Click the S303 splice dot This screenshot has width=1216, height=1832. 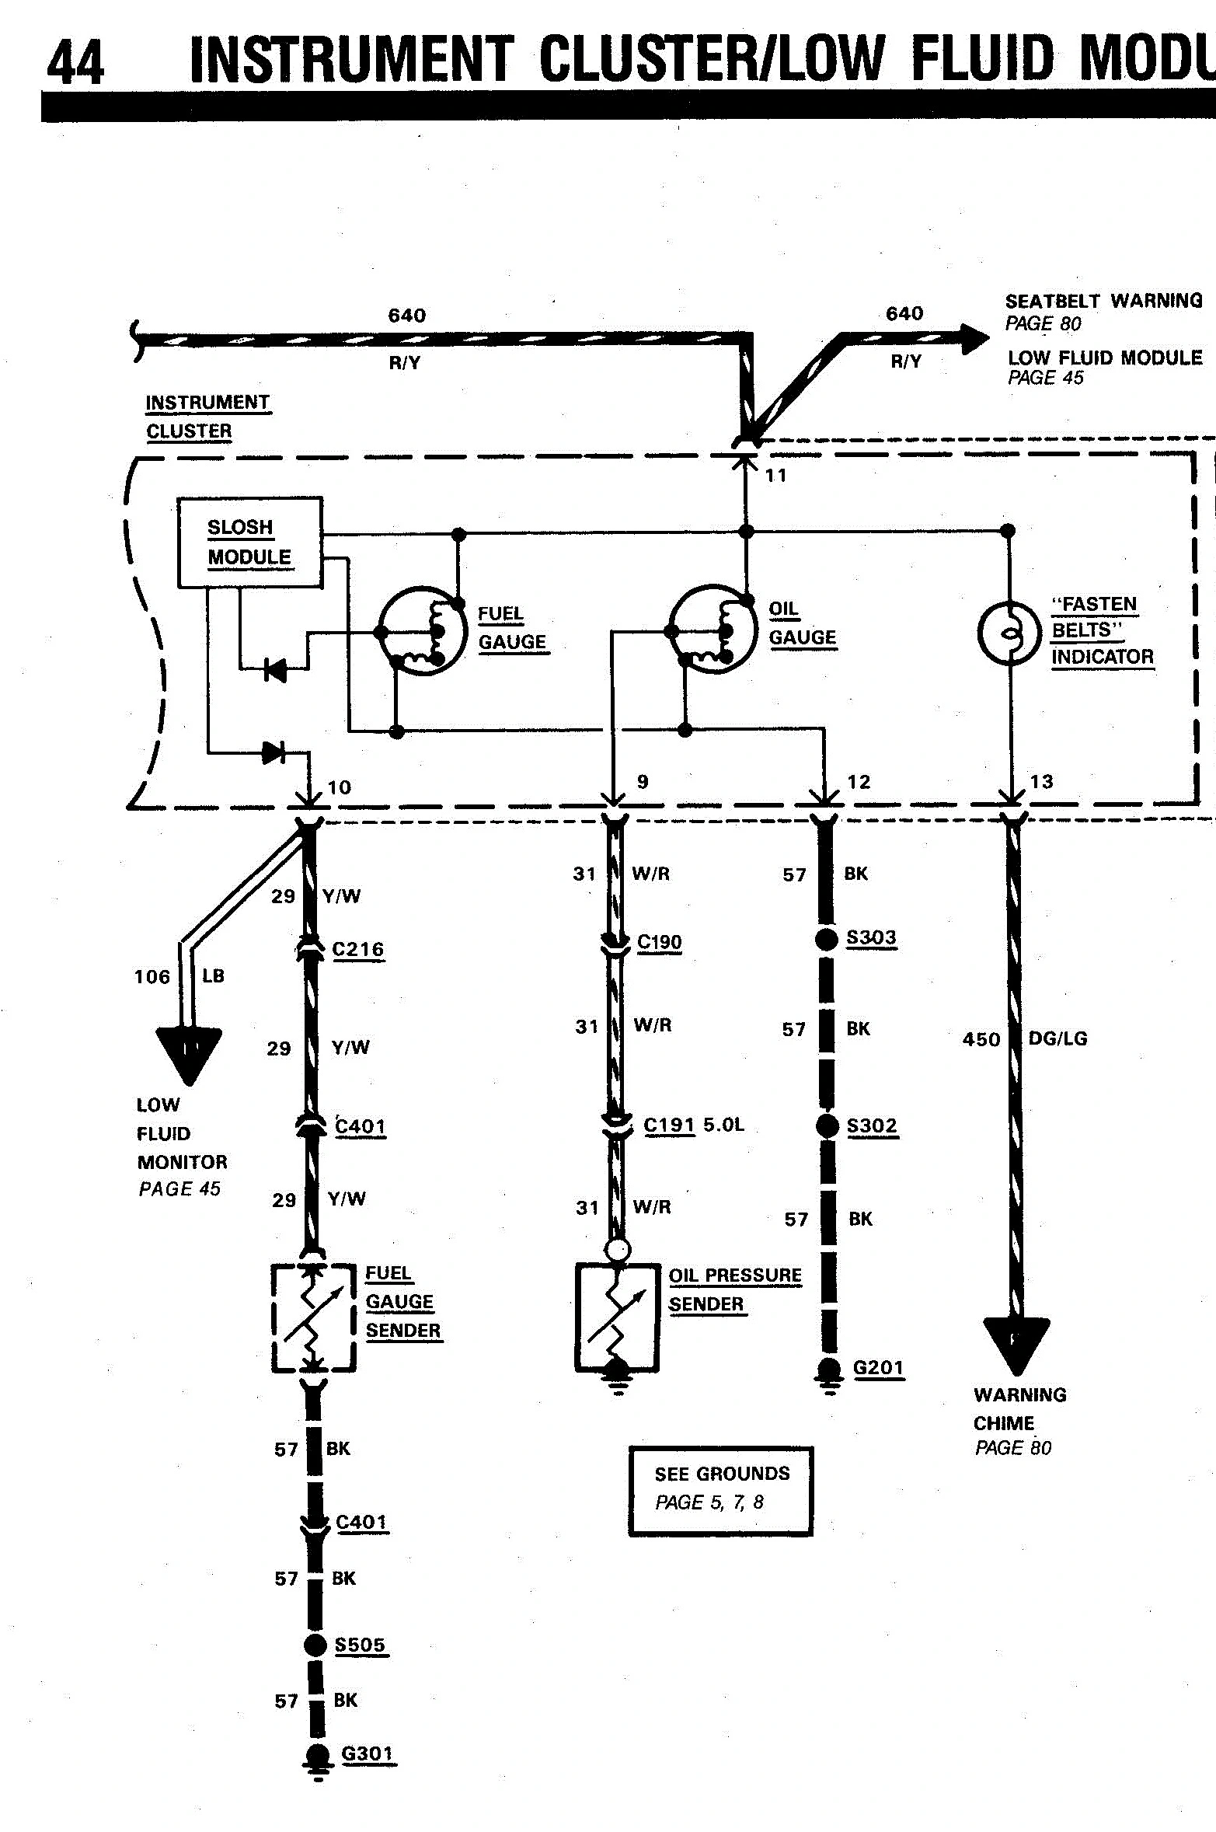pos(827,938)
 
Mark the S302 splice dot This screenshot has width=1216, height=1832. pos(828,1125)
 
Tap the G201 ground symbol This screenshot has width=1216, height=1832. pos(829,1376)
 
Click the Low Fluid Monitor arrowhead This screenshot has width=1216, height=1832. pos(189,1056)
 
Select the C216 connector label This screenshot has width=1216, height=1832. pos(358,949)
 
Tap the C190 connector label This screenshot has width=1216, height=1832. pos(660,942)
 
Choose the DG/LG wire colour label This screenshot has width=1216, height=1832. pos(1057,1038)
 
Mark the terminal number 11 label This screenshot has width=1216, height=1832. pos(776,475)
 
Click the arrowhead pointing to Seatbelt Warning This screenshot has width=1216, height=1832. pos(976,339)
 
